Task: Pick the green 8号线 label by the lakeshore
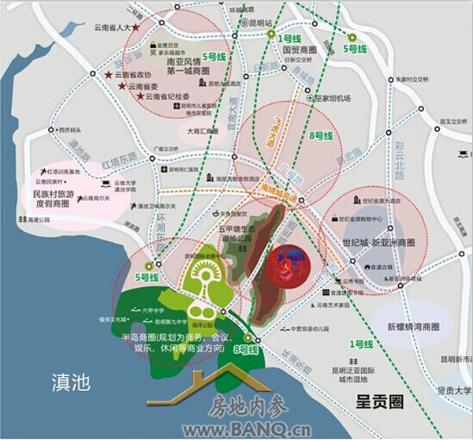tap(245, 349)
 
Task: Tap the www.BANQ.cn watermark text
tap(246, 431)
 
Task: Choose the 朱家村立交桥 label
tap(415, 79)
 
